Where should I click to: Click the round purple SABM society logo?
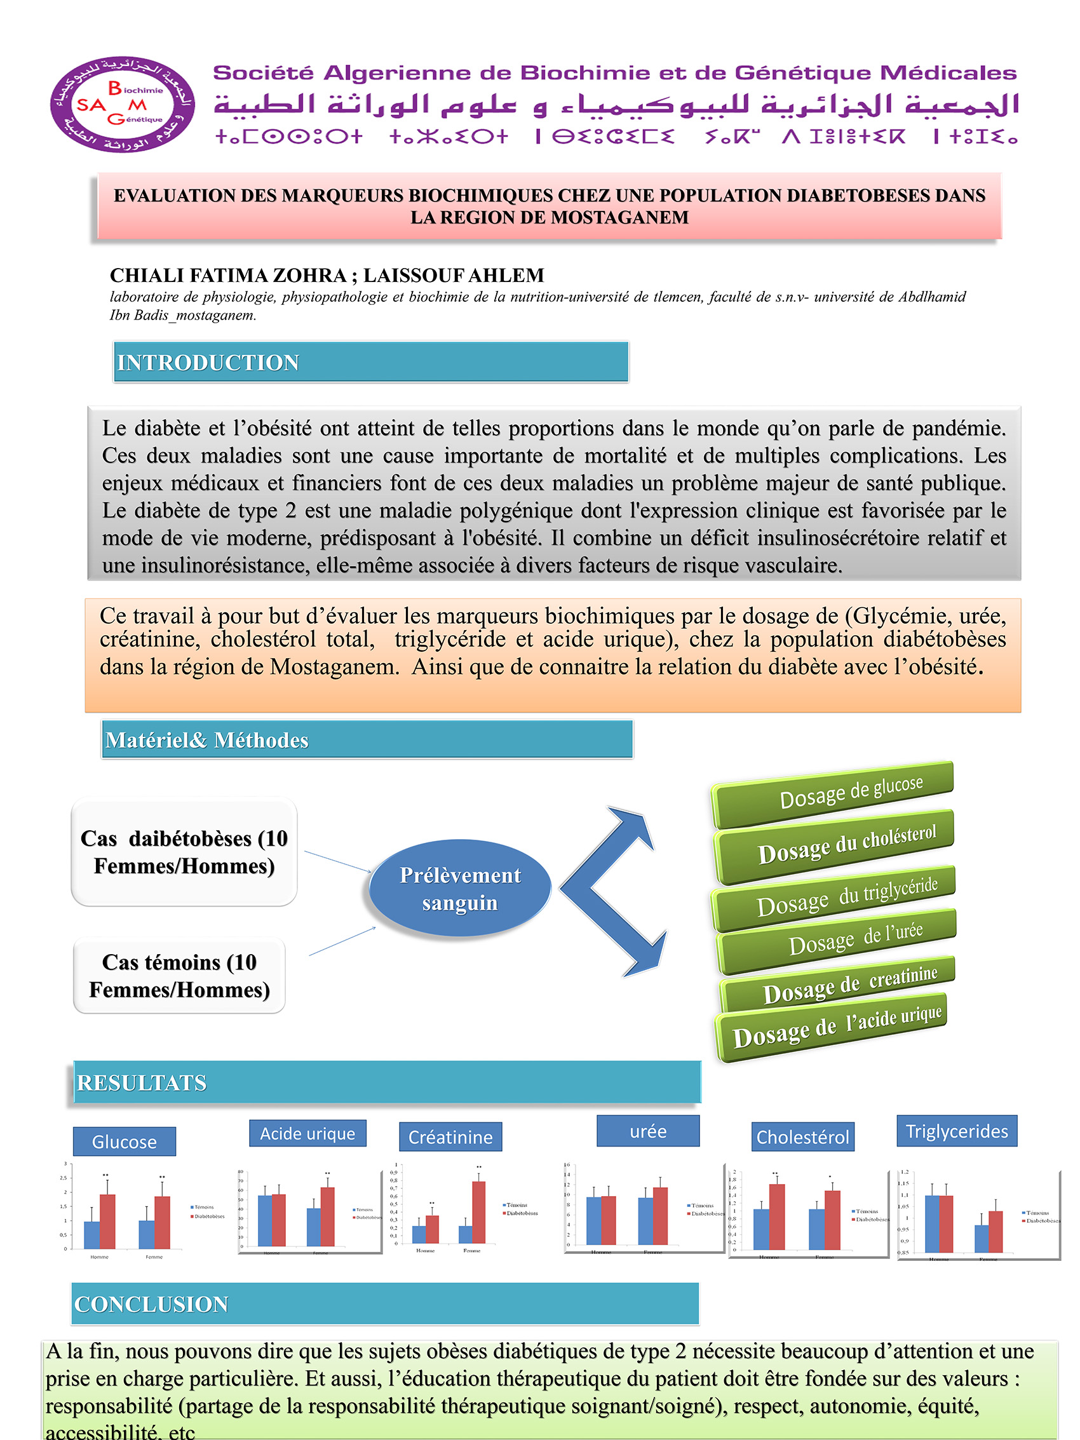tap(123, 105)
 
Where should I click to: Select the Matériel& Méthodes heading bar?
tap(367, 739)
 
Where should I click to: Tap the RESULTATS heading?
tap(387, 1082)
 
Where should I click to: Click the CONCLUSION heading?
tap(384, 1304)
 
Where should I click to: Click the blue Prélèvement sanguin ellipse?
tap(459, 889)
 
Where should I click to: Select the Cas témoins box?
tap(179, 975)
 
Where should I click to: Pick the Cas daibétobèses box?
tap(184, 852)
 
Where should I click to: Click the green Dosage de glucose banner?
tap(834, 794)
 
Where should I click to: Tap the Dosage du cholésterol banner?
tap(835, 845)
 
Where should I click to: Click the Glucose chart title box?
tap(125, 1141)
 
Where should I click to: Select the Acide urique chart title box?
tap(307, 1133)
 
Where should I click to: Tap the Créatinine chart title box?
tap(450, 1136)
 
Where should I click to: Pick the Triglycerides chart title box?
tap(956, 1131)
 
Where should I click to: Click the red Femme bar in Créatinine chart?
tap(478, 1212)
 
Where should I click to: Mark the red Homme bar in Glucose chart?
tap(107, 1221)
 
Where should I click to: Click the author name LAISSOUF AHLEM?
tap(453, 276)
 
